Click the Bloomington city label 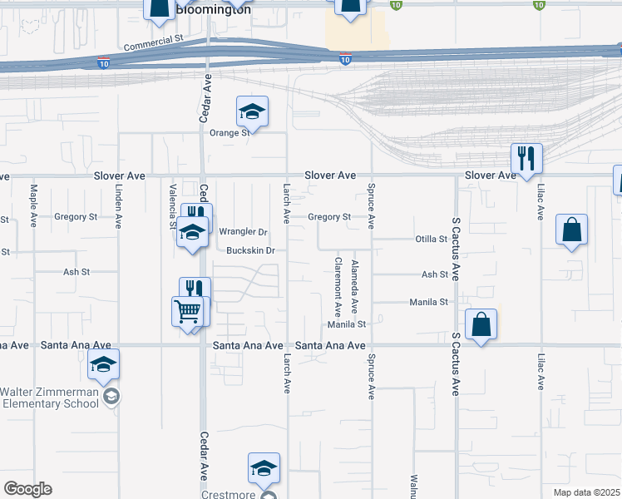212,10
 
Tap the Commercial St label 154,44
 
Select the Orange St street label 230,133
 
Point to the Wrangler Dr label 243,232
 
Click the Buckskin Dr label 250,250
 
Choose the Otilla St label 432,240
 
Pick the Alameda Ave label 355,286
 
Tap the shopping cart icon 188,312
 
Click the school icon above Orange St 252,111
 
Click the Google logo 27,489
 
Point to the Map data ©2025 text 586,492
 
